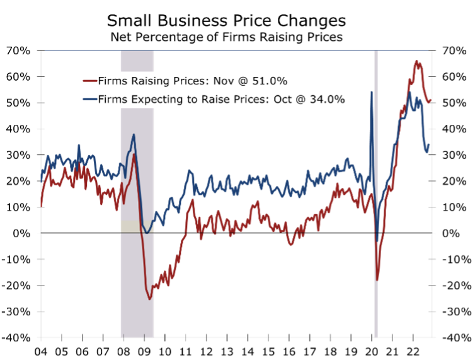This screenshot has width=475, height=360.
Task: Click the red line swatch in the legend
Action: [89, 81]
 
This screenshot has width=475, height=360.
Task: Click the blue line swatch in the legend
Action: [89, 99]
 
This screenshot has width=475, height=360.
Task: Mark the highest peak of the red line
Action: [416, 61]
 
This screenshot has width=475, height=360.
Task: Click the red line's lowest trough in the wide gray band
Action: [150, 298]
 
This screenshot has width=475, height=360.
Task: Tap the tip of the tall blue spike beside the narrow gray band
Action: [372, 92]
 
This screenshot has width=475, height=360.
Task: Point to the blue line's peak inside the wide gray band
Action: [134, 135]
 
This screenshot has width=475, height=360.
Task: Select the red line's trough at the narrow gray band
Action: [377, 279]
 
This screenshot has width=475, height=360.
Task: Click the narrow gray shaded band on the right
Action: [376, 189]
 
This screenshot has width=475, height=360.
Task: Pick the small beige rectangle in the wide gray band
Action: [130, 226]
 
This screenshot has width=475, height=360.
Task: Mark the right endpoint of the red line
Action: [431, 99]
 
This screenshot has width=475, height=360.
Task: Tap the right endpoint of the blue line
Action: [429, 144]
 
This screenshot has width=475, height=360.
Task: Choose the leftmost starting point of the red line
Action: [41, 206]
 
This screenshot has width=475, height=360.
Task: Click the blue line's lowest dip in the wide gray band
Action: [146, 233]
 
